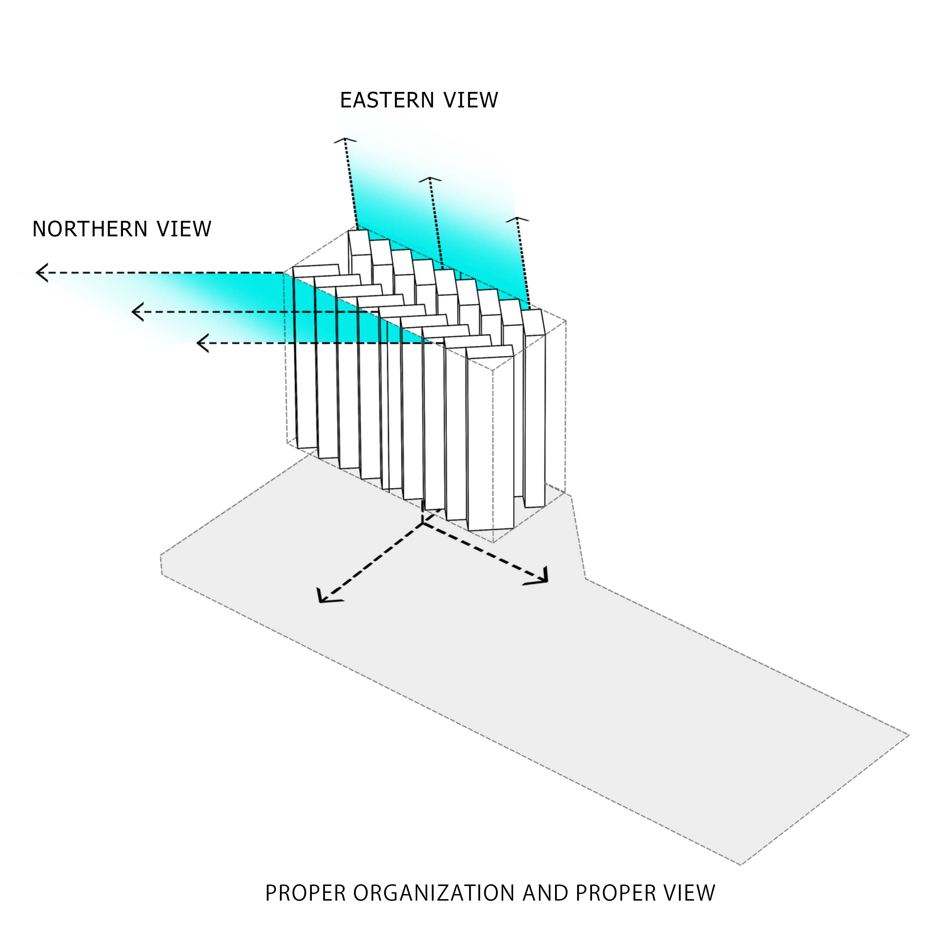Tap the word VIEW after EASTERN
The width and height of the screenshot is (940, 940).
471,100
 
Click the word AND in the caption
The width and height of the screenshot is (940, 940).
545,893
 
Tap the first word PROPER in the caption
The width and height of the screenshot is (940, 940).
305,893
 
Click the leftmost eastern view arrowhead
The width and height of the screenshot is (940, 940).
345,140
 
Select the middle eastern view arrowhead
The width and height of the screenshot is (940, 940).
430,180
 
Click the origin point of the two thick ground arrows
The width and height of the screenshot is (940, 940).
422,523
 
